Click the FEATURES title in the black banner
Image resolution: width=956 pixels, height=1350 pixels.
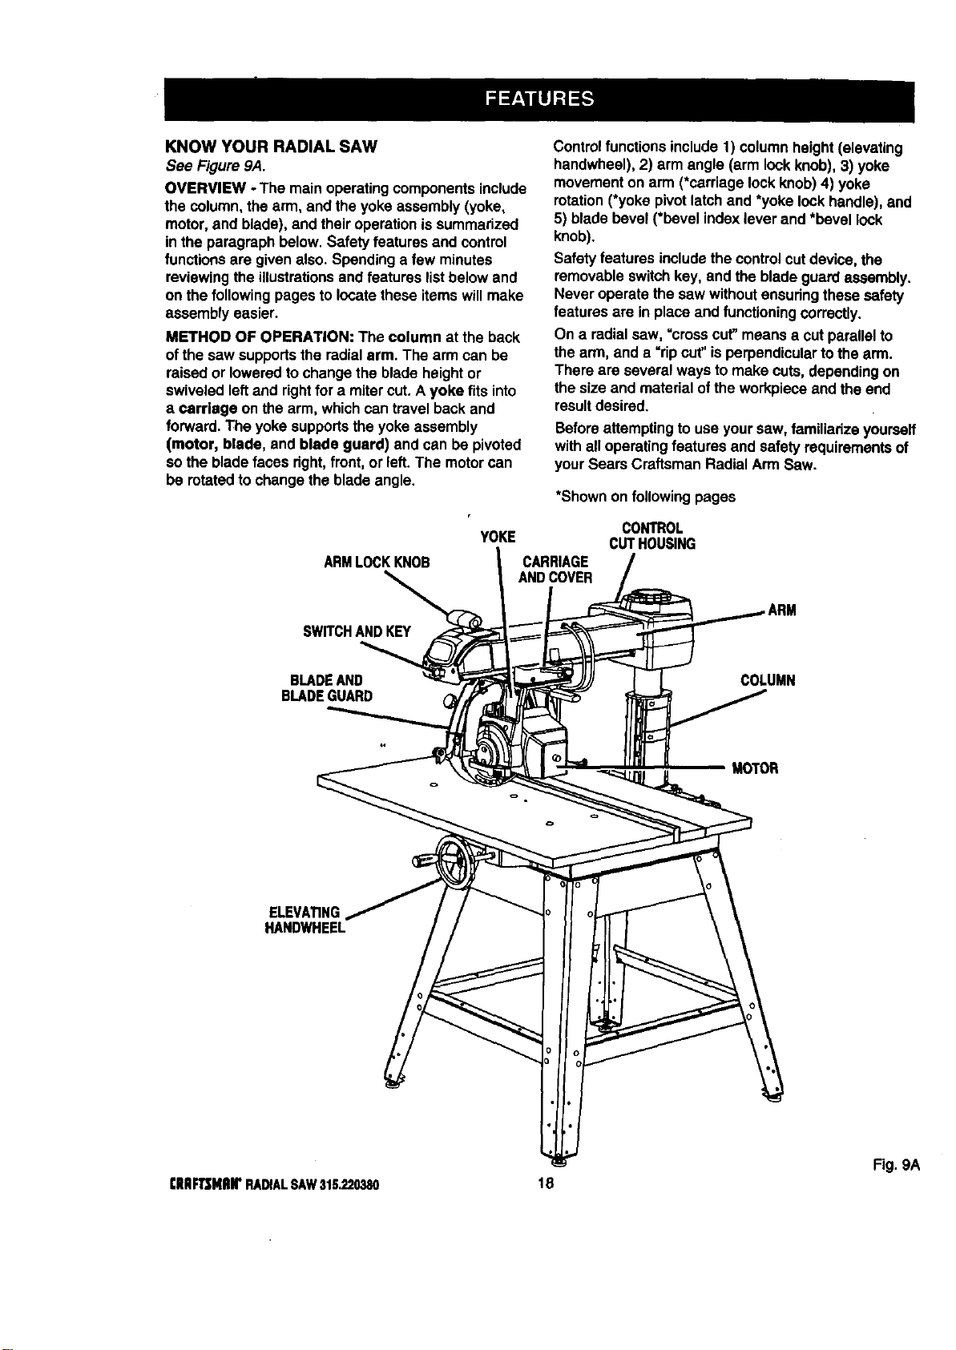[539, 99]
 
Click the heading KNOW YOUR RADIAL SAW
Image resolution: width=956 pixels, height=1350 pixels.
[271, 147]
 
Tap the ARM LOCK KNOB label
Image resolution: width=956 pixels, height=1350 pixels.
[377, 562]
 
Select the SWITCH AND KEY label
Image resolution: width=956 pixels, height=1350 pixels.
[357, 631]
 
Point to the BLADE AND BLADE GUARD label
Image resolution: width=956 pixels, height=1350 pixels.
[327, 688]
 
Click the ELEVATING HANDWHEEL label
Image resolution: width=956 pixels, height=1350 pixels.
[305, 920]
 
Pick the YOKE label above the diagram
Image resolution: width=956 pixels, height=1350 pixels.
[498, 537]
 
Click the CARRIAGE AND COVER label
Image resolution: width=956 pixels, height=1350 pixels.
[555, 570]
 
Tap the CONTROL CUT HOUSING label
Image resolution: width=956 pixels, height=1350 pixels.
[652, 536]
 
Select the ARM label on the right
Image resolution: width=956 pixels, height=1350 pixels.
[782, 611]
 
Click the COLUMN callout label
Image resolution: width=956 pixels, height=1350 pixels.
[768, 681]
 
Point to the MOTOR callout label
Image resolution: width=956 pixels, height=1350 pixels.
[755, 768]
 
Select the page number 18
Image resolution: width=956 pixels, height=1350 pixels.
[546, 1183]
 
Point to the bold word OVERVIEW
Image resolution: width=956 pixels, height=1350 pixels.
[203, 188]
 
